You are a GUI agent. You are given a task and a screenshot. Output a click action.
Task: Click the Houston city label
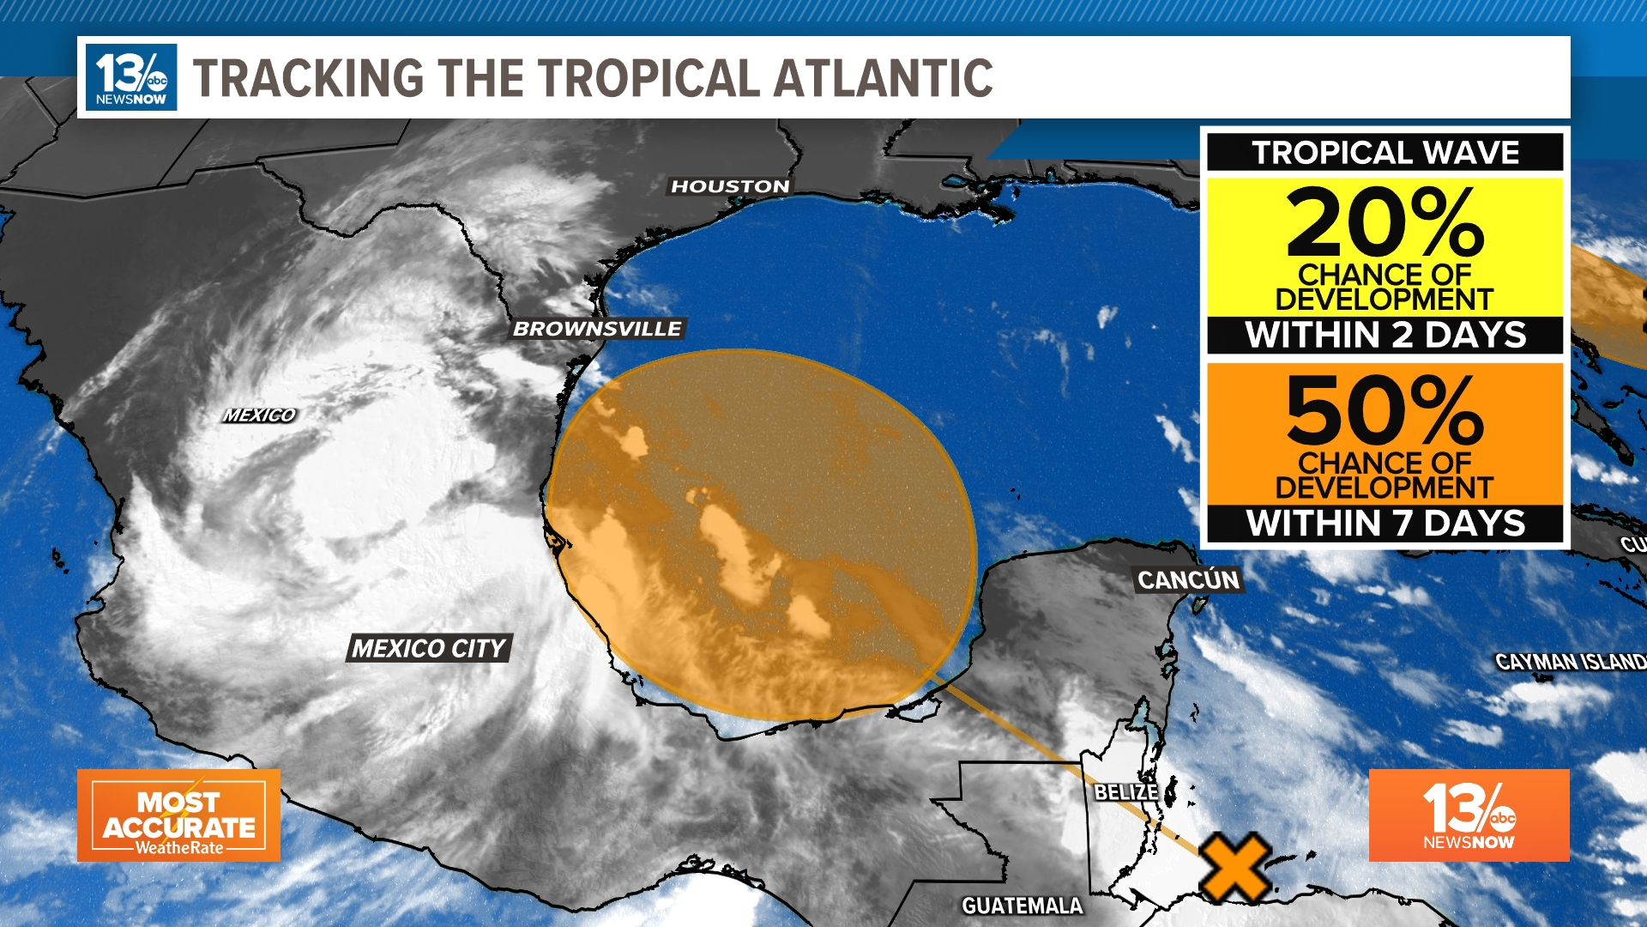pyautogui.click(x=730, y=186)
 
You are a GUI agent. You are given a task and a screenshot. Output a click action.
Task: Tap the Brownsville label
pyautogui.click(x=597, y=329)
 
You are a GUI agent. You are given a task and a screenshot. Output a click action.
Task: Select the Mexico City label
pyautogui.click(x=429, y=648)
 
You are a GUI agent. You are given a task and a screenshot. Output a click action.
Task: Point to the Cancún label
pyautogui.click(x=1188, y=580)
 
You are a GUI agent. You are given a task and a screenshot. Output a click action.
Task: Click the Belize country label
pyautogui.click(x=1125, y=791)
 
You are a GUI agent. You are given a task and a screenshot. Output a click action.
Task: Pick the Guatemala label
pyautogui.click(x=1022, y=906)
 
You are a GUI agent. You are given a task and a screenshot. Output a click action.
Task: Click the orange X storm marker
pyautogui.click(x=1234, y=867)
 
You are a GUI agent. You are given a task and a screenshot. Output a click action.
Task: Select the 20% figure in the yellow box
pyautogui.click(x=1385, y=222)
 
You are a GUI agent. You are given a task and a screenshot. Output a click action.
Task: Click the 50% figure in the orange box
pyautogui.click(x=1385, y=410)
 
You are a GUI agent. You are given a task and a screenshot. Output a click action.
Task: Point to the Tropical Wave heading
pyautogui.click(x=1385, y=153)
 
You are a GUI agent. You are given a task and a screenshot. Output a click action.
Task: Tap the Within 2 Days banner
pyautogui.click(x=1385, y=335)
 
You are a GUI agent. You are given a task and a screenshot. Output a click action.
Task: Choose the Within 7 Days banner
pyautogui.click(x=1385, y=523)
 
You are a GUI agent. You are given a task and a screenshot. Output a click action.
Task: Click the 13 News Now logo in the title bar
pyautogui.click(x=131, y=77)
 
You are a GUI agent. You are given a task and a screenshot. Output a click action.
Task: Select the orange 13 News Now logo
pyautogui.click(x=1469, y=815)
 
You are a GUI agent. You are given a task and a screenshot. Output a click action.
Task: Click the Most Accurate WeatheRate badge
pyautogui.click(x=178, y=815)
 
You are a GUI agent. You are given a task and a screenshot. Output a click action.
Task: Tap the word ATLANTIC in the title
pyautogui.click(x=884, y=78)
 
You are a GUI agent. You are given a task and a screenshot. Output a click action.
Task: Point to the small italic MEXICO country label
pyautogui.click(x=259, y=415)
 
